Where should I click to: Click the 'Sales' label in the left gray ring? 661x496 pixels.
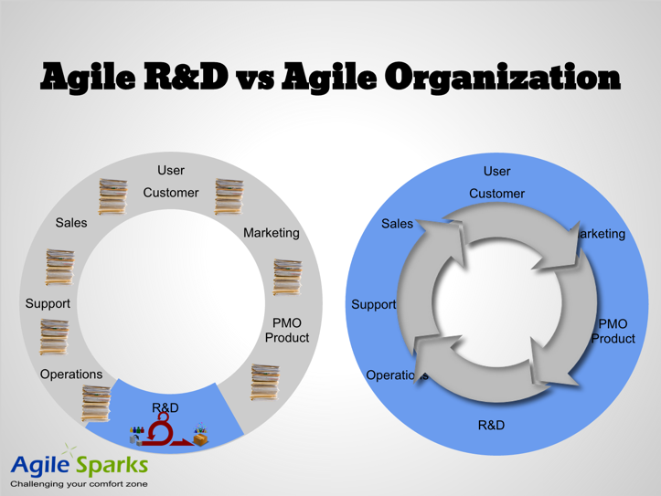tap(71, 223)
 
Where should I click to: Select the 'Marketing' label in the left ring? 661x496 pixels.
tap(271, 233)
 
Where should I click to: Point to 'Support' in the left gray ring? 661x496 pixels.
tap(48, 302)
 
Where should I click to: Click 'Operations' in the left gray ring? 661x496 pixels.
tap(71, 374)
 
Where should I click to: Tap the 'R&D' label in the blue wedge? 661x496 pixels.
tap(165, 406)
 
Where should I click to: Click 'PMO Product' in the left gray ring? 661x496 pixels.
tap(287, 330)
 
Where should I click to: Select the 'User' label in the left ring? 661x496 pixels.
tap(171, 170)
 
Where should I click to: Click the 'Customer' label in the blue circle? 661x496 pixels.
tap(496, 193)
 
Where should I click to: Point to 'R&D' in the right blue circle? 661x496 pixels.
tap(491, 425)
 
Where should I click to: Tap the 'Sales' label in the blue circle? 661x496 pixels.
tap(397, 223)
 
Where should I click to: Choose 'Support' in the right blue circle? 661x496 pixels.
tap(373, 304)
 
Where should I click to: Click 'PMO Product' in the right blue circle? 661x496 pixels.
tap(613, 331)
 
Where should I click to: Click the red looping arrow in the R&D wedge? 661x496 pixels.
tap(165, 430)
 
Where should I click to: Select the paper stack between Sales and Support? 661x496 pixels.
tap(59, 267)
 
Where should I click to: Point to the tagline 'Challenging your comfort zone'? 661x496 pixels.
tap(78, 484)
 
